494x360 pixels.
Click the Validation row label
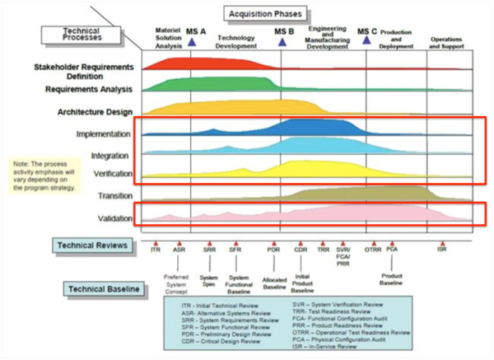click(111, 217)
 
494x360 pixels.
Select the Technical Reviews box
click(91, 245)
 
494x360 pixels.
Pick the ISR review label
click(442, 248)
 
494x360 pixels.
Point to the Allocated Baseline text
click(273, 283)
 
